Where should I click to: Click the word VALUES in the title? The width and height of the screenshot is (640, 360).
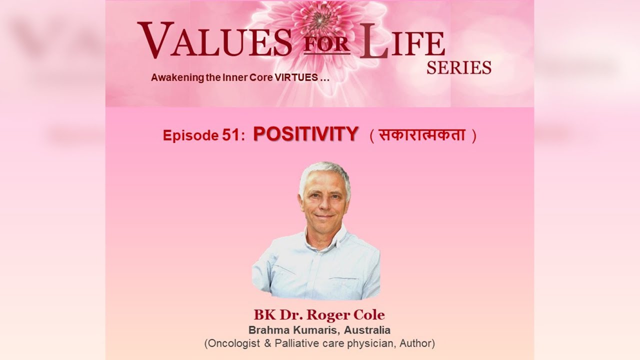(214, 40)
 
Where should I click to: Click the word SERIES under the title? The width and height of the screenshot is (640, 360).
(458, 67)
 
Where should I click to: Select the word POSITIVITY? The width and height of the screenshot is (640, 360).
(305, 134)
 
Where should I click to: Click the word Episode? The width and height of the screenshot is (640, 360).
(188, 135)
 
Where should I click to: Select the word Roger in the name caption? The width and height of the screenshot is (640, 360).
(326, 315)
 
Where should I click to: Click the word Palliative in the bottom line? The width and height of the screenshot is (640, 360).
(290, 343)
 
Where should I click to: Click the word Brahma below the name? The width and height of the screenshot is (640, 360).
(266, 330)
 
